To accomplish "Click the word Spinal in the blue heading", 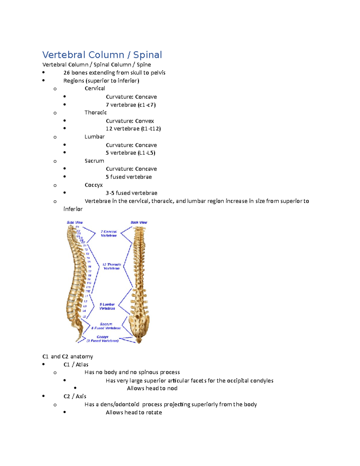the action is coord(147,55).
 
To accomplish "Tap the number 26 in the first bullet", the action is coord(67,73).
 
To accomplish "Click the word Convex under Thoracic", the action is coord(144,121).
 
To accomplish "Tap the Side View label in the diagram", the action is coord(75,222).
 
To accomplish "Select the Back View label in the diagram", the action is coord(139,222).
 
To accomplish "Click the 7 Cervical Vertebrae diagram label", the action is coord(109,233).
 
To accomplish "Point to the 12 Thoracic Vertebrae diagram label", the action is coord(112,266).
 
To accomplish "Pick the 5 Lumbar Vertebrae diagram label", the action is coord(107,306).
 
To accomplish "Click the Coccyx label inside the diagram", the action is coord(103,337).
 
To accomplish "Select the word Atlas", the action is coord(82,365).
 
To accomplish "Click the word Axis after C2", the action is coord(81,396).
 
